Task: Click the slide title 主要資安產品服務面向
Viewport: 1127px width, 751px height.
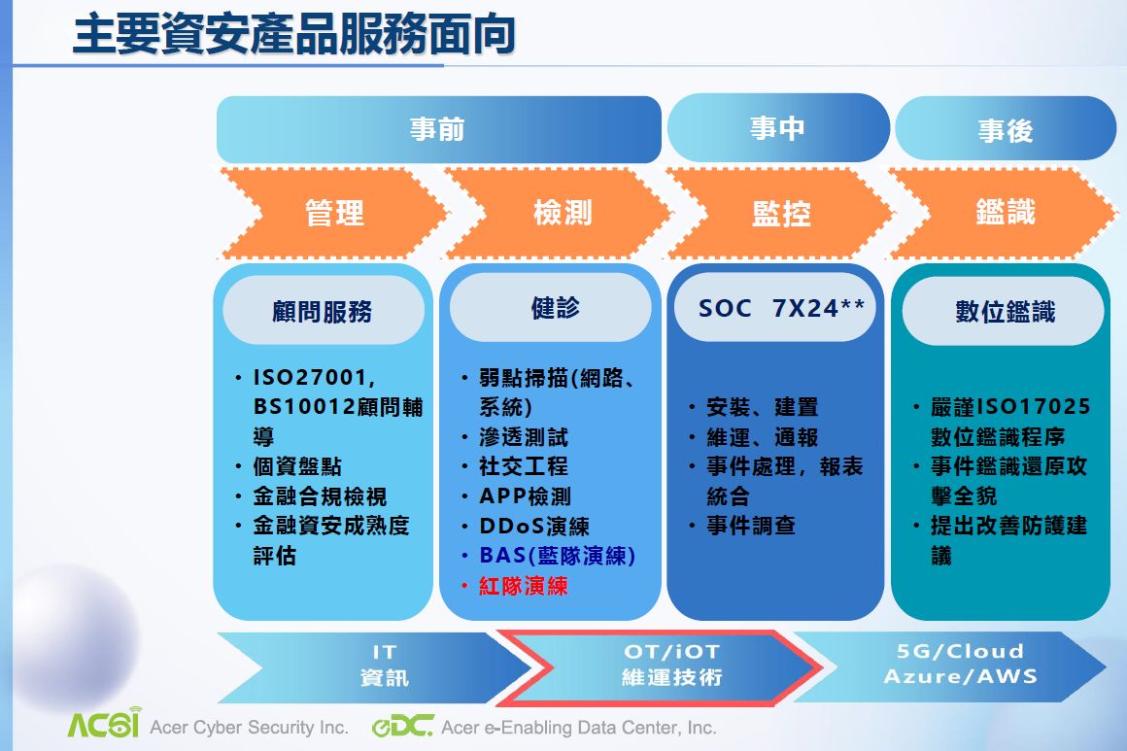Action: [294, 34]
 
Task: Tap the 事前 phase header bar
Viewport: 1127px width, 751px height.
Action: [438, 129]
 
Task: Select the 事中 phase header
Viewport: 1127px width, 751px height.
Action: [778, 128]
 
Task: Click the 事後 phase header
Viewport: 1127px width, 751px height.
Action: [1006, 129]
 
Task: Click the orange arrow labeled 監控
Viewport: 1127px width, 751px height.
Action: [781, 213]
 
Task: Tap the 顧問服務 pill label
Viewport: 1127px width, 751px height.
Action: [323, 311]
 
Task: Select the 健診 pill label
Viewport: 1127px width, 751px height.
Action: [551, 308]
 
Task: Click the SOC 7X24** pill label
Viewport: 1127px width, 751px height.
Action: [775, 308]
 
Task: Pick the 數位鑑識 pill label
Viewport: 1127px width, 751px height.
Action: [1004, 311]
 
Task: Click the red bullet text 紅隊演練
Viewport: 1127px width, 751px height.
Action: [524, 586]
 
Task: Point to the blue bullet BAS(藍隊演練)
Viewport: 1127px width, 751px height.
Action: [557, 556]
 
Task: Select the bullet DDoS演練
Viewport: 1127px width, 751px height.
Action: [534, 526]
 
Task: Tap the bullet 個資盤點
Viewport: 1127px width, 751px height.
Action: [297, 466]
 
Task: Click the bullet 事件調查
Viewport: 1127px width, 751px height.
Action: [750, 526]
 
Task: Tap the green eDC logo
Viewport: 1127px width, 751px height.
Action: [402, 726]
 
